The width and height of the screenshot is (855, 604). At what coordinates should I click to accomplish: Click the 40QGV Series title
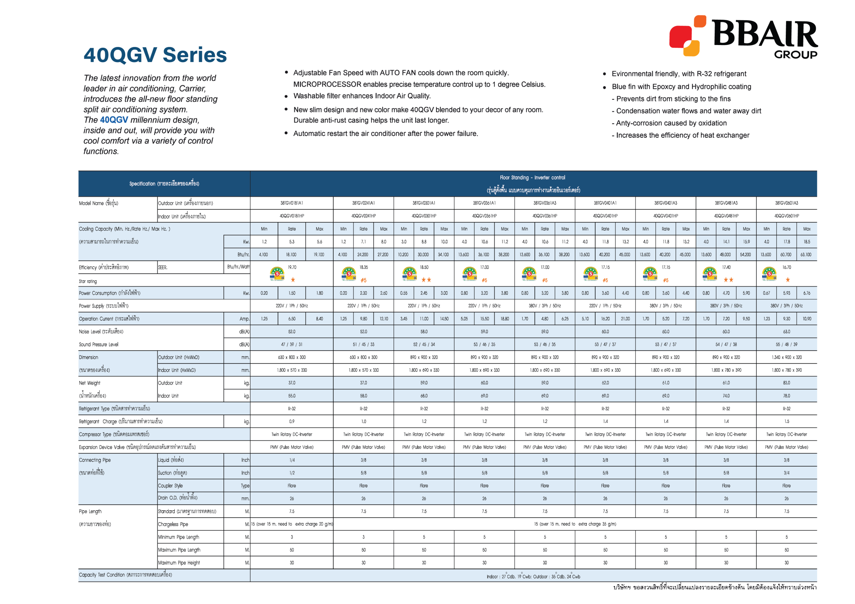(x=155, y=55)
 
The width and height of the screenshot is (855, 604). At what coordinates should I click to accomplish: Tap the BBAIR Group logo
(x=742, y=36)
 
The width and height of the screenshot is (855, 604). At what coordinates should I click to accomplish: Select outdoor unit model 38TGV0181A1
(x=292, y=203)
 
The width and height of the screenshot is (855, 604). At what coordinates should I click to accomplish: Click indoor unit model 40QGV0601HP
(x=787, y=216)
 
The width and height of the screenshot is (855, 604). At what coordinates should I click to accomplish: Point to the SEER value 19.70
(x=292, y=267)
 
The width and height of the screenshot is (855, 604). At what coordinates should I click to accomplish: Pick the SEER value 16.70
(x=787, y=267)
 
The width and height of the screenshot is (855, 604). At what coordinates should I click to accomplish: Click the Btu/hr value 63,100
(x=806, y=255)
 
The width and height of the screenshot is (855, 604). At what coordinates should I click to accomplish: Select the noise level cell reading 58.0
(x=424, y=332)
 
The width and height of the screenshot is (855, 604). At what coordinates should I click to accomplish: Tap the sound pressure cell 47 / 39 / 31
(x=292, y=345)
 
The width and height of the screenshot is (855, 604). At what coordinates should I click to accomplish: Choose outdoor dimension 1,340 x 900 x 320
(x=787, y=357)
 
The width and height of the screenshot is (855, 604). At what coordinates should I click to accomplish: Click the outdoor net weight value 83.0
(x=787, y=383)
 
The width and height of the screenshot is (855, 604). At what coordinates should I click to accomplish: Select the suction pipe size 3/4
(x=787, y=473)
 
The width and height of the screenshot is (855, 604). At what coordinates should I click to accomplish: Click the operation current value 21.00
(x=625, y=319)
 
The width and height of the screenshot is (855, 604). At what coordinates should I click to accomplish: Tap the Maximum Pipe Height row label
(x=179, y=563)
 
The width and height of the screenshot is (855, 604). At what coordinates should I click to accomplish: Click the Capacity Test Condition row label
(x=125, y=575)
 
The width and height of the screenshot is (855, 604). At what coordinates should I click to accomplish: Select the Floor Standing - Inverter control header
(x=532, y=178)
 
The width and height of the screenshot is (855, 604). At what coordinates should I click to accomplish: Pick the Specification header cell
(x=164, y=184)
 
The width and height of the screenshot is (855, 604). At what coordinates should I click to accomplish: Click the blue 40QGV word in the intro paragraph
(x=114, y=120)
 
